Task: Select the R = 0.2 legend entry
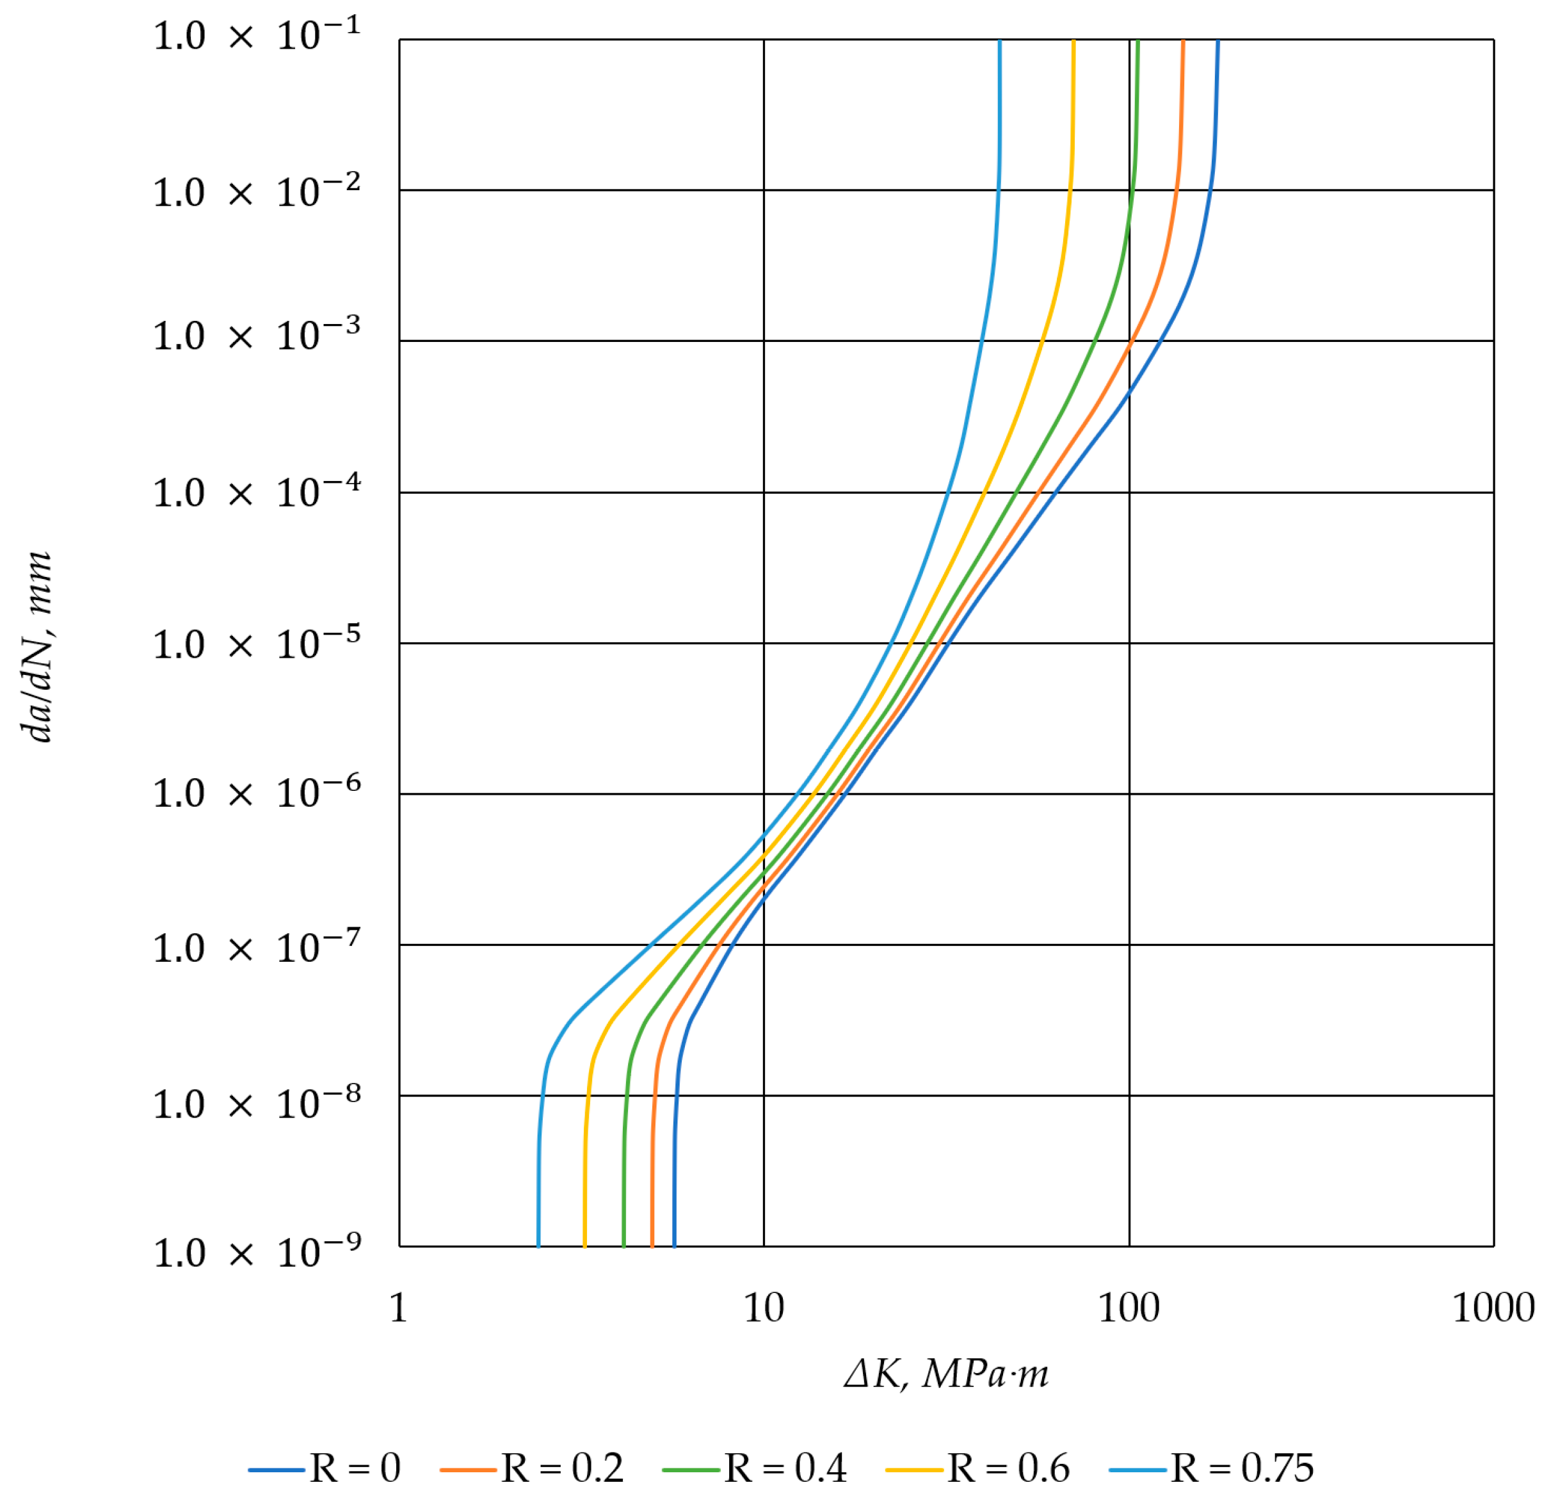[533, 1469]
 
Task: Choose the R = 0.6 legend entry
[979, 1469]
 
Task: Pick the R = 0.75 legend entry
[1212, 1469]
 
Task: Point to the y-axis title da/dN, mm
[38, 647]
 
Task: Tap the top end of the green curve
[1138, 41]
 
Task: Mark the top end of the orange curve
[1183, 41]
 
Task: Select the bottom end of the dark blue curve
[674, 1246]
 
